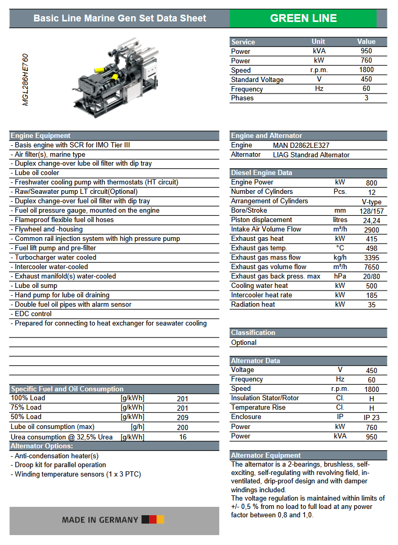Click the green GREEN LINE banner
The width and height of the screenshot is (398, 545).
(303, 18)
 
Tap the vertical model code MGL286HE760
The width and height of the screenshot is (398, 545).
(26, 79)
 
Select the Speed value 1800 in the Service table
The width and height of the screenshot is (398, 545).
(366, 70)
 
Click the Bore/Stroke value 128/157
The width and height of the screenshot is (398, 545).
(371, 211)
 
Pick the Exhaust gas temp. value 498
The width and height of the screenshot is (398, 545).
(371, 248)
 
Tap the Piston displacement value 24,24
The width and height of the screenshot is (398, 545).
(371, 220)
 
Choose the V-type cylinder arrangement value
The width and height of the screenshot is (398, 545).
(371, 201)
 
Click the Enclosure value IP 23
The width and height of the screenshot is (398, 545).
(371, 417)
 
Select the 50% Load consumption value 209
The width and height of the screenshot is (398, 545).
(183, 418)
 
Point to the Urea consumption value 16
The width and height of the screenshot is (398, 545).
(183, 437)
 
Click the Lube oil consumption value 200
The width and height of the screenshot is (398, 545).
(183, 427)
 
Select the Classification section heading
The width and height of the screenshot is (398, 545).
(253, 333)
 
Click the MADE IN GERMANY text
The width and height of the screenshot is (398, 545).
(100, 520)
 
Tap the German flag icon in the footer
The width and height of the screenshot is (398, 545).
(153, 519)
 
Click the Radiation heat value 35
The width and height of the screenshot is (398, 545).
(371, 305)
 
